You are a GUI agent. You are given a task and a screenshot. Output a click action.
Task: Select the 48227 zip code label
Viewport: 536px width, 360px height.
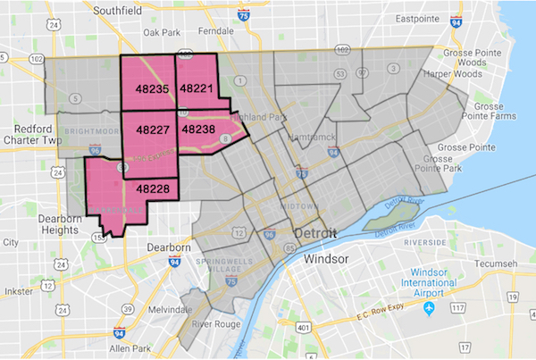[x=153, y=129]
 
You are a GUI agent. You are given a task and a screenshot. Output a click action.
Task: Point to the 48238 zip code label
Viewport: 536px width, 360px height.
[x=197, y=129]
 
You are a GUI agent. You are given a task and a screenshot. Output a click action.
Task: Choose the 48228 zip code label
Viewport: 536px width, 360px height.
[x=153, y=188]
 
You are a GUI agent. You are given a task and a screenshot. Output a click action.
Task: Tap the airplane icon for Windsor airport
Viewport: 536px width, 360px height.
[x=429, y=308]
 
